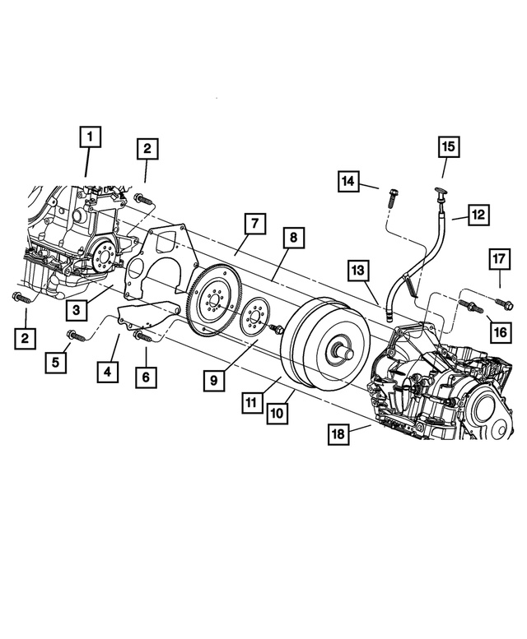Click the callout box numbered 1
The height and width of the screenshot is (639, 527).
pos(91,137)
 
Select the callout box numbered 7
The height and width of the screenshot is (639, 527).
pos(255,223)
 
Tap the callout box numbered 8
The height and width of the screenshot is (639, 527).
pos(293,238)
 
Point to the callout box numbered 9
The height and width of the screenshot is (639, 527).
pos(214,380)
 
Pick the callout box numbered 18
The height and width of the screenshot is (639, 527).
pos(338,435)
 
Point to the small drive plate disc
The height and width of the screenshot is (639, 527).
pos(257,317)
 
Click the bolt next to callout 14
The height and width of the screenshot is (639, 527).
pos(390,198)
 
